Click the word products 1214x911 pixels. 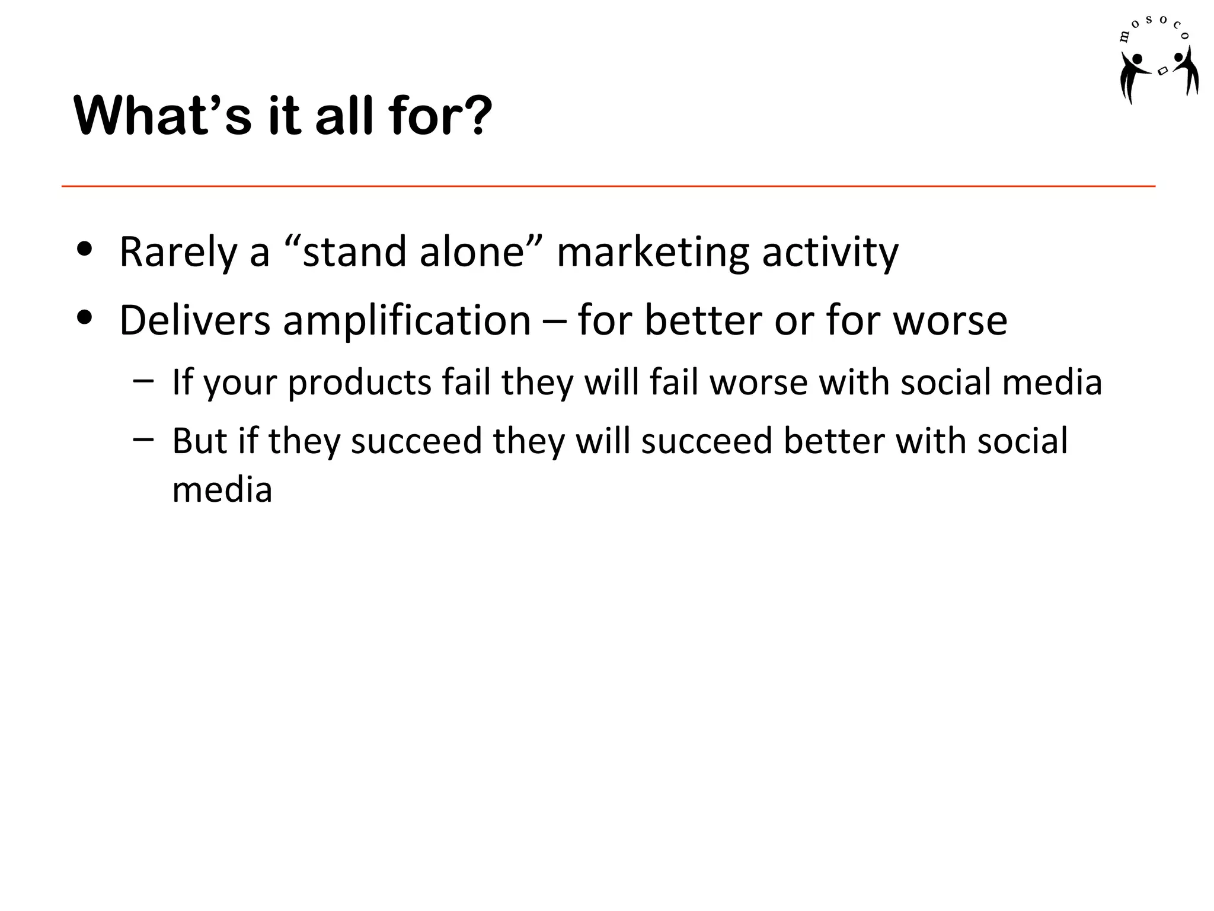(359, 383)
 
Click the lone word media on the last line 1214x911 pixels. (222, 490)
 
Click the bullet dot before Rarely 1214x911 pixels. (85, 250)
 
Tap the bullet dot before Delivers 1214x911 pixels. (85, 318)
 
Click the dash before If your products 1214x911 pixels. (143, 380)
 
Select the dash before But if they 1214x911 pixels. (143, 439)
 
